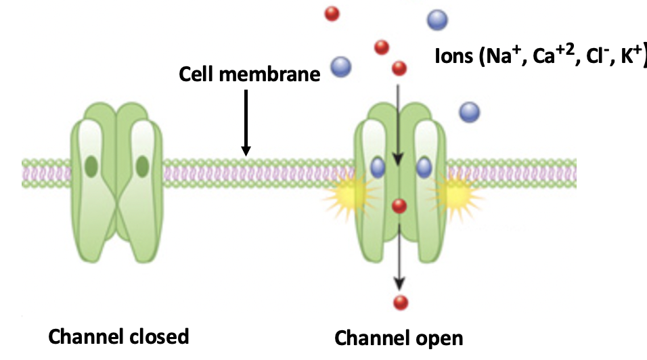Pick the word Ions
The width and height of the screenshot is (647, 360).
click(455, 57)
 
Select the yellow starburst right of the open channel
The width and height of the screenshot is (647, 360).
click(458, 196)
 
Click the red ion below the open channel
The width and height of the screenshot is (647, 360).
click(401, 302)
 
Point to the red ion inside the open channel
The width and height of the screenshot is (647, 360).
click(399, 206)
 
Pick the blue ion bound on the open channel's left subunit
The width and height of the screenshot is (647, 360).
click(378, 166)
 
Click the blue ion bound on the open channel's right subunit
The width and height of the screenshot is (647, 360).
click(424, 166)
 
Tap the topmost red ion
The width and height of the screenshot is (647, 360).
click(332, 13)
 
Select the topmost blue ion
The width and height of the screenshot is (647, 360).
click(437, 18)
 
